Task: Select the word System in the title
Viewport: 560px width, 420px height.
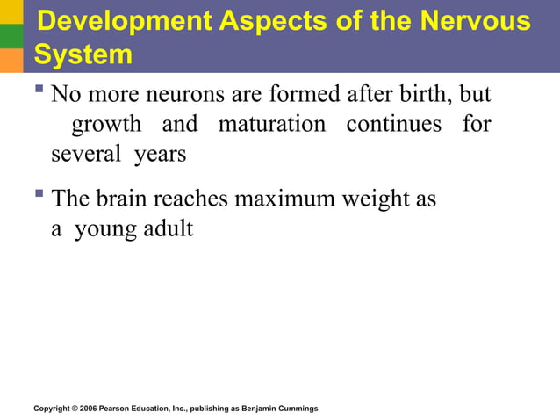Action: [83, 55]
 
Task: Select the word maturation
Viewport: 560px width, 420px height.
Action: [271, 125]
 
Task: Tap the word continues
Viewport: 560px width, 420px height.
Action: [393, 125]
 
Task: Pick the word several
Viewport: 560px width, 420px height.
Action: [85, 155]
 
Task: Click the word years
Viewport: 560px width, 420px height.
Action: [160, 156]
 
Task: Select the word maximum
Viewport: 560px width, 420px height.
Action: [284, 199]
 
